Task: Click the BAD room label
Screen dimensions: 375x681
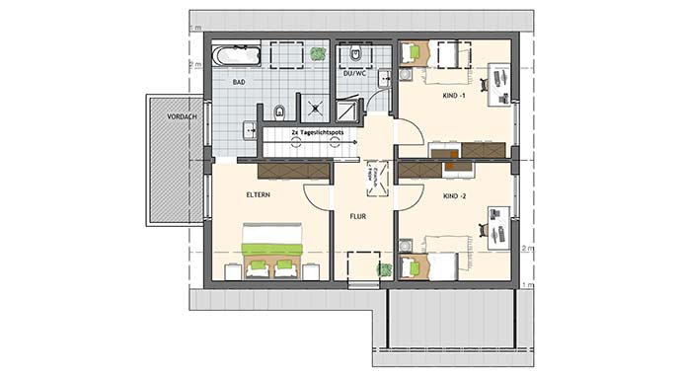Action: pos(239,83)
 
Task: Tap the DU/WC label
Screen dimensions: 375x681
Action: pos(355,72)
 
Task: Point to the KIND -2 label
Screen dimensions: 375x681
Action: pos(455,197)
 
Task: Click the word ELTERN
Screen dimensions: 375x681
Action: pos(259,195)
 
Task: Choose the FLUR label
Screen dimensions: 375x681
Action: pos(358,214)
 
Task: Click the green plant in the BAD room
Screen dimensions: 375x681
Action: pos(317,53)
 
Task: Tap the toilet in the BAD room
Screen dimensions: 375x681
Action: pos(281,110)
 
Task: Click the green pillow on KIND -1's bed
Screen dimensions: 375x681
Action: pos(414,51)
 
